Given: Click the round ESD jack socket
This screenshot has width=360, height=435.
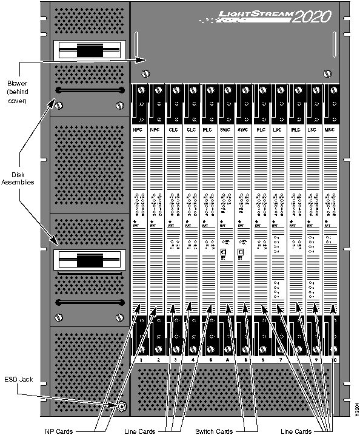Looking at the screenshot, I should pyautogui.click(x=122, y=407).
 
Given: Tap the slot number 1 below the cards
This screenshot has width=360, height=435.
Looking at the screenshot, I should pyautogui.click(x=140, y=360).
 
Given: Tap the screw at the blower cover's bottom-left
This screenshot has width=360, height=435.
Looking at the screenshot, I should pyautogui.click(x=145, y=74).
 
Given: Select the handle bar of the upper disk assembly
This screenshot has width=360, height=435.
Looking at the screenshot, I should pyautogui.click(x=89, y=91).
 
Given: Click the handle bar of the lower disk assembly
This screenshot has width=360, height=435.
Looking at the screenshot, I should pyautogui.click(x=89, y=302).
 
